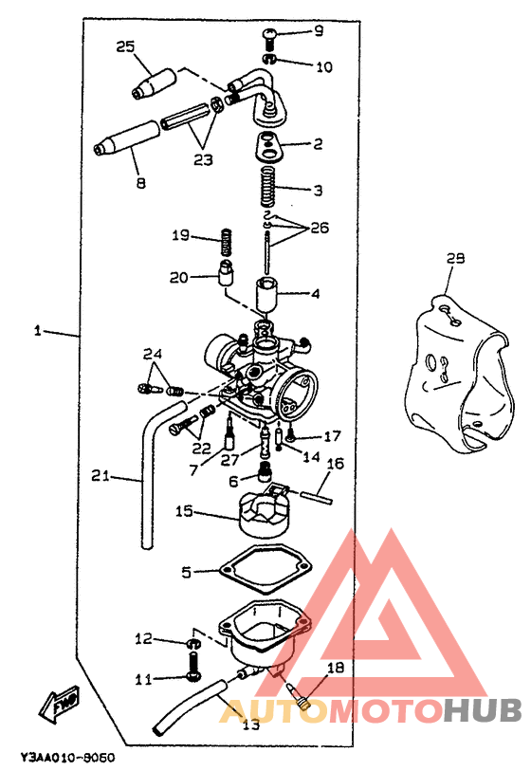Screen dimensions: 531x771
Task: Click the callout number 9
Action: tap(319, 31)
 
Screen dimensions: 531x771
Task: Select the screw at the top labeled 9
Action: tap(269, 39)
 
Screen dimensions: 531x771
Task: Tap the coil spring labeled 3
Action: tap(267, 186)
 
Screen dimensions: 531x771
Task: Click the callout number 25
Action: tap(125, 46)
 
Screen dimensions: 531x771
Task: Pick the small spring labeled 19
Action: tap(227, 242)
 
